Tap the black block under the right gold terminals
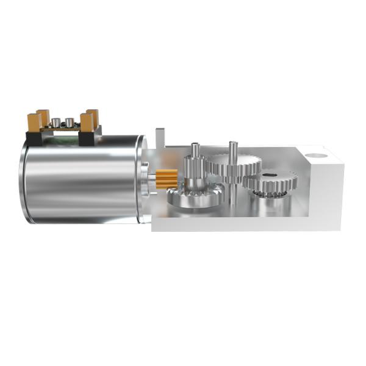(88, 138)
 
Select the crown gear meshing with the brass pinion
(194, 196)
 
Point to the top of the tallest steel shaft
(232, 145)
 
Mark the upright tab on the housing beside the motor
(160, 137)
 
